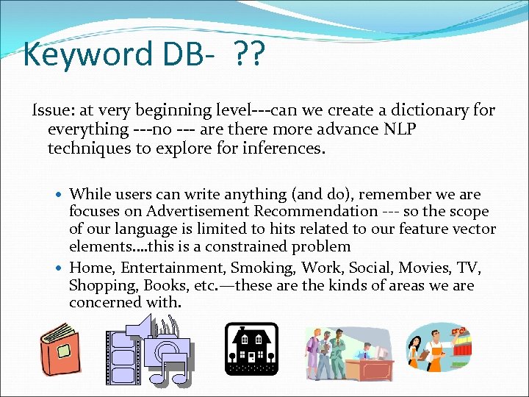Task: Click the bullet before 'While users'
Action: coord(60,195)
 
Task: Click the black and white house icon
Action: coord(251,348)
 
